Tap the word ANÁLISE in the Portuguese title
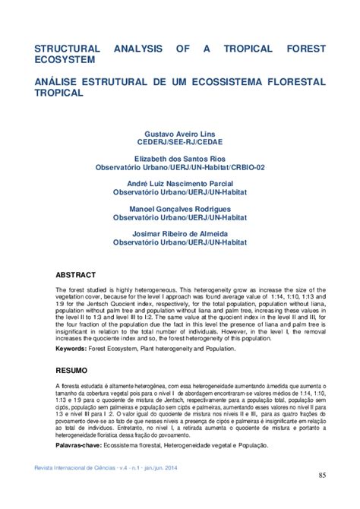(58, 81)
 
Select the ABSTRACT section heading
(76, 274)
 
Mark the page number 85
(322, 476)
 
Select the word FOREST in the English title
(306, 48)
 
